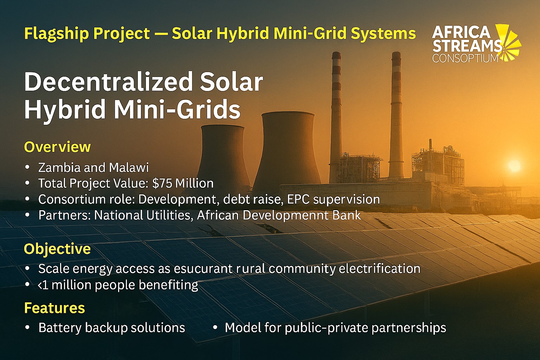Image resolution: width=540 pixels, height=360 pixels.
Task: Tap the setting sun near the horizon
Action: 514,165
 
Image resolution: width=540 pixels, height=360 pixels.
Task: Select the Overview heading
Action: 57,147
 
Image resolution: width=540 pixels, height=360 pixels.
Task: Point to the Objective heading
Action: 57,249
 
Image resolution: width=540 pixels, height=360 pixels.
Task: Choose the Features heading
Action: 54,308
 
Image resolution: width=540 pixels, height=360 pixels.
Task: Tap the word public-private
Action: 326,328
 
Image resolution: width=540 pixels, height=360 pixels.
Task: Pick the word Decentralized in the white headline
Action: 103,82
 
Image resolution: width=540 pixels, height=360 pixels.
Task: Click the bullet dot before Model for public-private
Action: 215,327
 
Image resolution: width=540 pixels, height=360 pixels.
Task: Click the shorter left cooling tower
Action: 223,155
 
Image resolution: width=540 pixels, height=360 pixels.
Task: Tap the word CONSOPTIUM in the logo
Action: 465,58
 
